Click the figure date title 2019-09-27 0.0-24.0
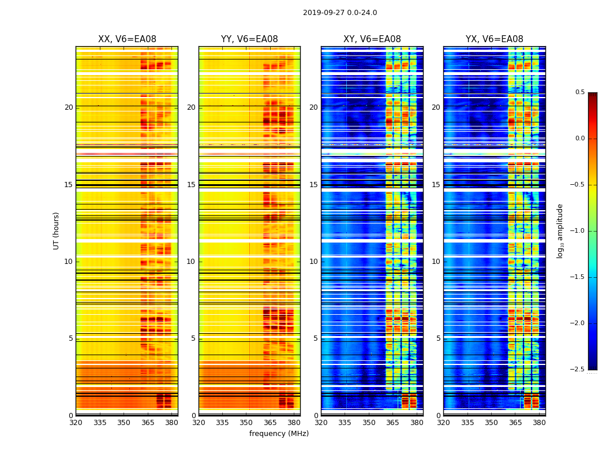pos(339,13)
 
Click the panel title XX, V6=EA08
pos(127,39)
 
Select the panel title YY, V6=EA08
pos(249,39)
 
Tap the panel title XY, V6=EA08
pos(372,39)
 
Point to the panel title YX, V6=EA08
pos(494,39)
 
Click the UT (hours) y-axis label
pos(56,230)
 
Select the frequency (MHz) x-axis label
pos(279,434)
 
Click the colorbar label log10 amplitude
pos(559,230)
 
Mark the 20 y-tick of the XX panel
pos(69,107)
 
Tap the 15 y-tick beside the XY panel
pos(313,185)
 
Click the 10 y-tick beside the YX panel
pos(436,262)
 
